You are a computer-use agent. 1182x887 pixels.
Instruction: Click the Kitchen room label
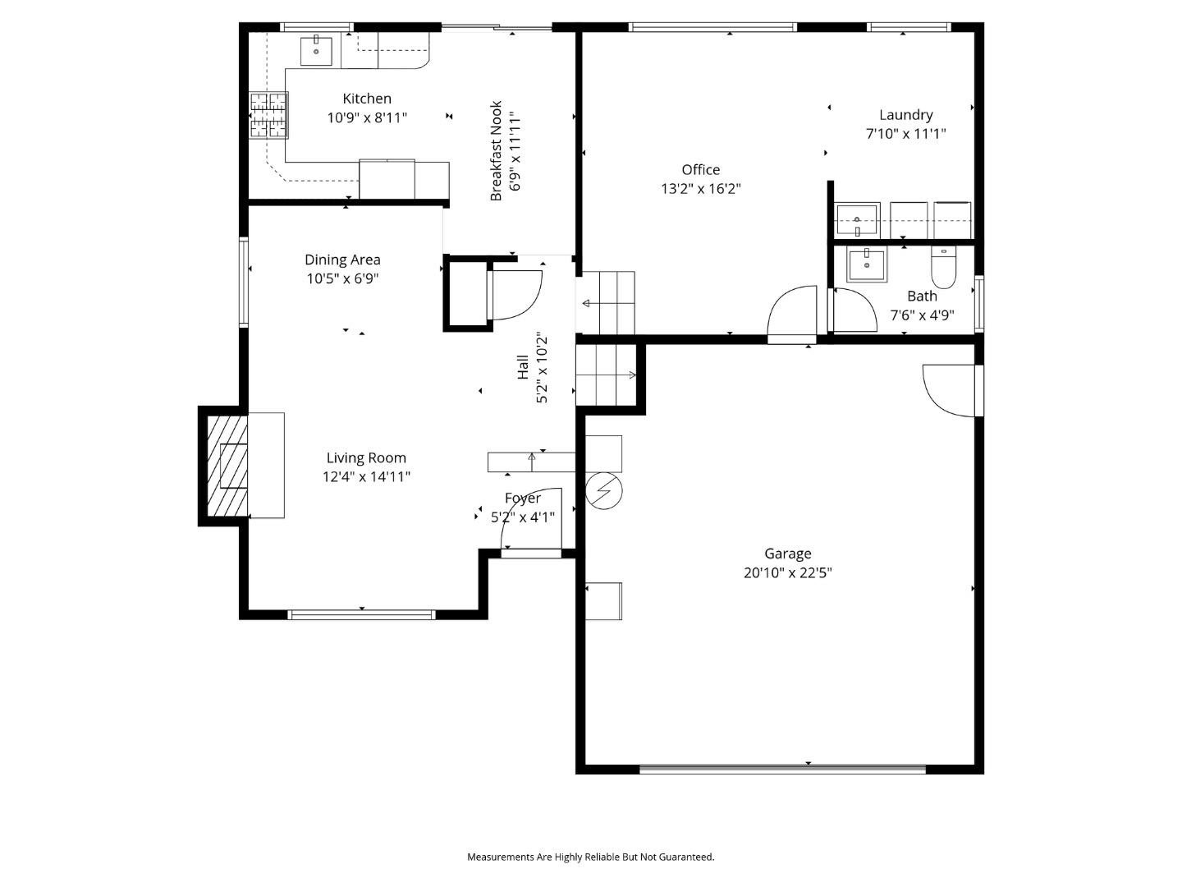click(x=367, y=99)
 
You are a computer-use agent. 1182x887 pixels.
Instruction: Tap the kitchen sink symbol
click(x=316, y=50)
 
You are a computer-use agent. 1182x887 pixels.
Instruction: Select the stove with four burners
click(x=269, y=114)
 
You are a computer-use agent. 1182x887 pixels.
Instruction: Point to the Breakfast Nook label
click(x=496, y=151)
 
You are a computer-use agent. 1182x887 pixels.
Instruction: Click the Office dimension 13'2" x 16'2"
click(x=701, y=188)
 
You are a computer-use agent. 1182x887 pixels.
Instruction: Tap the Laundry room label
click(x=905, y=115)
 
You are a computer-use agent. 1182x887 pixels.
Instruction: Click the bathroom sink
click(x=866, y=265)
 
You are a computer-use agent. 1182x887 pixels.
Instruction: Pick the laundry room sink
click(x=857, y=220)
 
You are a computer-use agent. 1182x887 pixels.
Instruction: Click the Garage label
click(x=787, y=554)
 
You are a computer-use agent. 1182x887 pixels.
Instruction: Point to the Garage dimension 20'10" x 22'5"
click(x=787, y=572)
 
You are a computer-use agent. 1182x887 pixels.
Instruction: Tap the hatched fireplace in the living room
click(x=226, y=466)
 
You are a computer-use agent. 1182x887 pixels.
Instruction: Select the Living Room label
click(x=366, y=458)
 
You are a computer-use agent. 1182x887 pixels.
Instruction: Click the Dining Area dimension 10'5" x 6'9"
click(x=342, y=278)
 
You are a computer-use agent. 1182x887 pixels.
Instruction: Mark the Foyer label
click(x=523, y=498)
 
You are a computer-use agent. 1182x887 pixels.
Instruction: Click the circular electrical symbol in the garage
click(x=604, y=491)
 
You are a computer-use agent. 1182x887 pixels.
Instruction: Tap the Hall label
click(x=523, y=366)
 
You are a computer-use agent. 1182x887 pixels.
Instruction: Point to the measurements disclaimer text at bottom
click(x=591, y=857)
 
